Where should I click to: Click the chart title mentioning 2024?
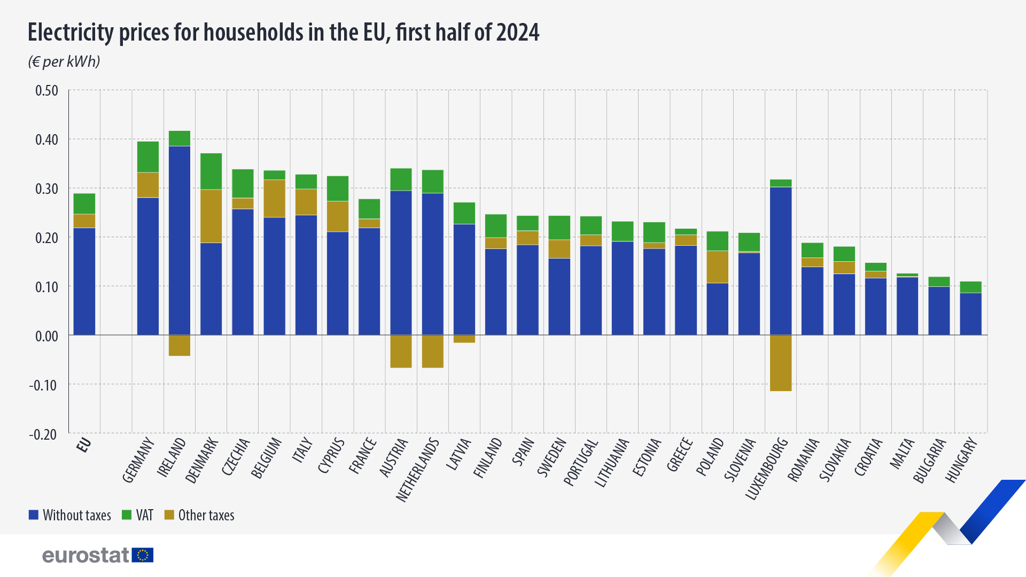283,33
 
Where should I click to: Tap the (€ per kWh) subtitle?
64,62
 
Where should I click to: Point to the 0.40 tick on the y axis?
46,140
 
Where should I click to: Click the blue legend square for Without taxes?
34,515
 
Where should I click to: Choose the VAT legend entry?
138,515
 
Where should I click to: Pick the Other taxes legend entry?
199,515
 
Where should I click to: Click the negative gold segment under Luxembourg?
781,363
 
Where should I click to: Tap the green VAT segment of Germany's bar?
148,157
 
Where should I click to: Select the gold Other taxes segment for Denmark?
211,216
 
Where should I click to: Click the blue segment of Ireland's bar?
180,240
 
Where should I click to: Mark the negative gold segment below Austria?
401,352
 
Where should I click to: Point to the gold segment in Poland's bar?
718,267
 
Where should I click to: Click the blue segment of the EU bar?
84,282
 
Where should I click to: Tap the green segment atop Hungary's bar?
970,287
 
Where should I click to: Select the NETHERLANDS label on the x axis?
418,470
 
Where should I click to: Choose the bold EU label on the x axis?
84,445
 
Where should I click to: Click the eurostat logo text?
85,556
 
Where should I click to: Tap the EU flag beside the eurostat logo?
143,555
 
